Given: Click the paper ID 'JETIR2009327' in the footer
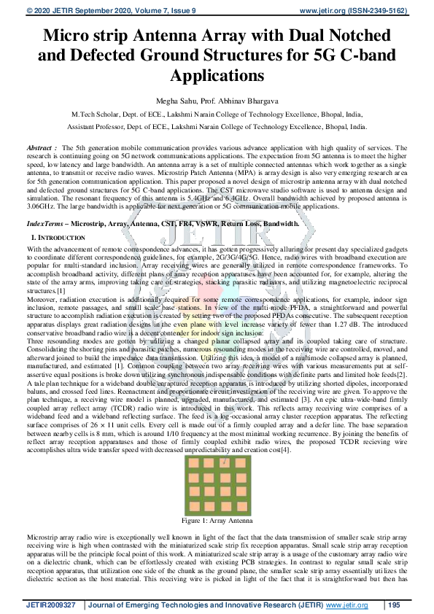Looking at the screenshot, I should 50,605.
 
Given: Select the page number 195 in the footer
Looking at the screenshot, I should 395,605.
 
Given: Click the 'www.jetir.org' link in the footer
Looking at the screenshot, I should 346,605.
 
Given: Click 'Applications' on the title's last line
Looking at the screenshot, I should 217,75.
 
